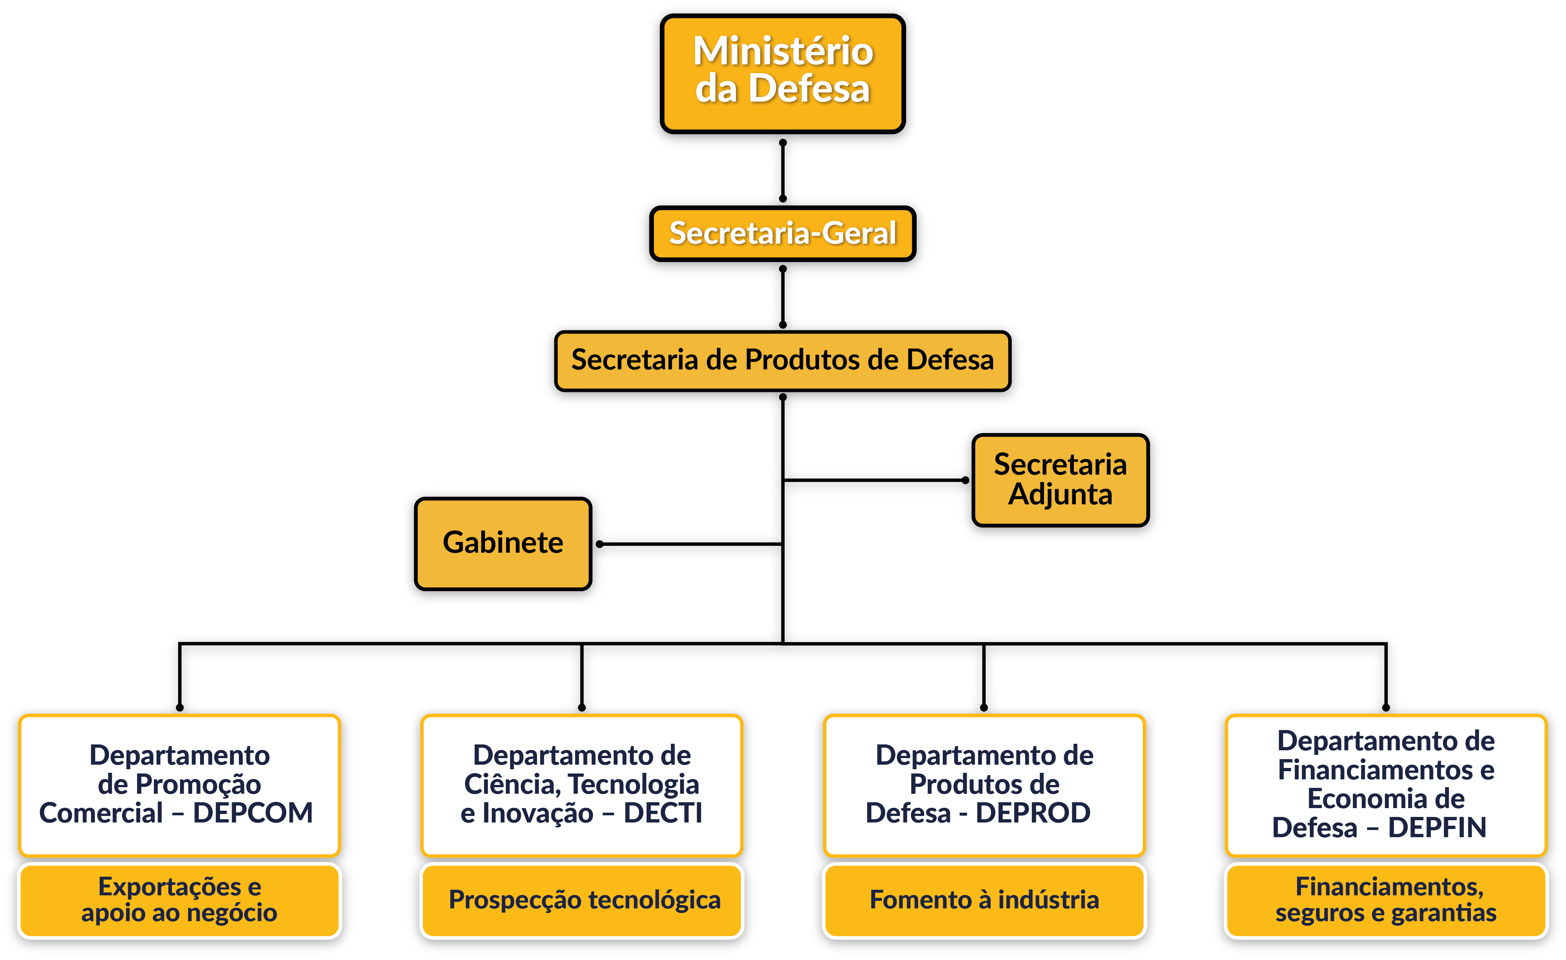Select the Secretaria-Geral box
point(782,233)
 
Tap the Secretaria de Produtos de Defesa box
point(782,360)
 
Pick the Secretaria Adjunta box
point(1060,480)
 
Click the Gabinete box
point(503,543)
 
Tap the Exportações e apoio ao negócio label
point(179,900)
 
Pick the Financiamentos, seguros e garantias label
point(1386,900)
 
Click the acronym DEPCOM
point(253,813)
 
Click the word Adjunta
point(1060,495)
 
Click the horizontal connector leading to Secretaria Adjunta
point(877,483)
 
